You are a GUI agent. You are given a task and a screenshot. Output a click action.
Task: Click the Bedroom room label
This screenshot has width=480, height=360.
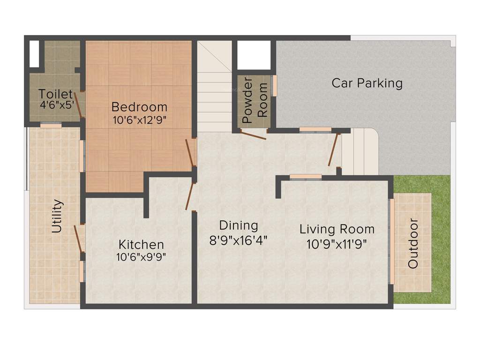pyautogui.click(x=140, y=107)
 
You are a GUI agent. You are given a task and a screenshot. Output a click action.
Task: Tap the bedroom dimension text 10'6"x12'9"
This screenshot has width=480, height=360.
pyautogui.click(x=140, y=120)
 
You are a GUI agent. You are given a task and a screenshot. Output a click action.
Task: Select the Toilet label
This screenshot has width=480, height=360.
pyautogui.click(x=55, y=94)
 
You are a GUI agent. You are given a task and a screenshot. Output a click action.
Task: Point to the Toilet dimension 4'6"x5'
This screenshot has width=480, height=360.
pyautogui.click(x=56, y=105)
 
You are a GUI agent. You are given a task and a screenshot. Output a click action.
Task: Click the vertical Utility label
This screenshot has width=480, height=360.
pyautogui.click(x=57, y=216)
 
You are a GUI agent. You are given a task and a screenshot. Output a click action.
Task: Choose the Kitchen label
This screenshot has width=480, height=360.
pyautogui.click(x=141, y=244)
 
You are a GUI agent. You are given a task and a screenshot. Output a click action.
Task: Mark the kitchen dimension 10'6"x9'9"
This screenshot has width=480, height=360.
pyautogui.click(x=141, y=256)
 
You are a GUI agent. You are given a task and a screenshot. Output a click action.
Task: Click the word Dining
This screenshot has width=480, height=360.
pyautogui.click(x=239, y=225)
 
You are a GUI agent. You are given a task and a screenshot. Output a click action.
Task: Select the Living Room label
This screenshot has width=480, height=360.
pyautogui.click(x=337, y=229)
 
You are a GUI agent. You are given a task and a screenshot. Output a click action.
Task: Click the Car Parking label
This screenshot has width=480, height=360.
pyautogui.click(x=367, y=83)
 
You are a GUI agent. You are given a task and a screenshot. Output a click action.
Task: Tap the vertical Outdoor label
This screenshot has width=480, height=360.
pyautogui.click(x=412, y=243)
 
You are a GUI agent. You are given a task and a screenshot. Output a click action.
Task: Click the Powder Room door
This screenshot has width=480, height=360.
pyautogui.click(x=254, y=135)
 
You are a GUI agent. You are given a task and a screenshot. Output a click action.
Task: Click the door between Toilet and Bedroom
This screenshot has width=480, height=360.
pyautogui.click(x=79, y=105)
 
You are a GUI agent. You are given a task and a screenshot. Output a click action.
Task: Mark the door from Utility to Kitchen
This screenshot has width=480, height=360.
pyautogui.click(x=79, y=239)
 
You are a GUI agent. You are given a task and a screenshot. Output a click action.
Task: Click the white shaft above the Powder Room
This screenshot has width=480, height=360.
pyautogui.click(x=254, y=55)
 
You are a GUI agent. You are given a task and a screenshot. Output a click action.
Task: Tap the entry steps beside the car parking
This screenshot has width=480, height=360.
pyautogui.click(x=360, y=151)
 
